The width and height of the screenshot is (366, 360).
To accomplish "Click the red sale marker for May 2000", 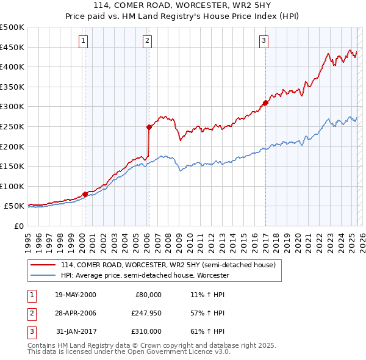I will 85,194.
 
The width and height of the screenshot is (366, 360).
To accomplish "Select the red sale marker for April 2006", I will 148,127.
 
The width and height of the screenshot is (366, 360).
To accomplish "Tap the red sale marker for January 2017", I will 265,103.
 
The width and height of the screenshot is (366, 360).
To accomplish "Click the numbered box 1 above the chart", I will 83,41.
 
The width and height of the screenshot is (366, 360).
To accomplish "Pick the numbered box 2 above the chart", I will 148,41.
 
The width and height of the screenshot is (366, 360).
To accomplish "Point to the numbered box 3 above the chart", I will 264,41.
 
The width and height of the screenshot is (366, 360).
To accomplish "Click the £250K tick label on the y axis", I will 12,126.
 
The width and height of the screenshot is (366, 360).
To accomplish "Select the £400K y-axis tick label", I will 12,67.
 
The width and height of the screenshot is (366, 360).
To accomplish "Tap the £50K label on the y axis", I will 15,206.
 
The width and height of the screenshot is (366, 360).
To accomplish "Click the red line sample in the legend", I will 43,265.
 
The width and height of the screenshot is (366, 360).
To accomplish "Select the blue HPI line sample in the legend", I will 43,275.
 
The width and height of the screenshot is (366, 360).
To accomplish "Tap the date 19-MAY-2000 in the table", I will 76,295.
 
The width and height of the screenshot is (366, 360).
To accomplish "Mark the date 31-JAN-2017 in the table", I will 76,331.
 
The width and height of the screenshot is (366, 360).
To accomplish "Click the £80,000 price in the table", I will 147,295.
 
